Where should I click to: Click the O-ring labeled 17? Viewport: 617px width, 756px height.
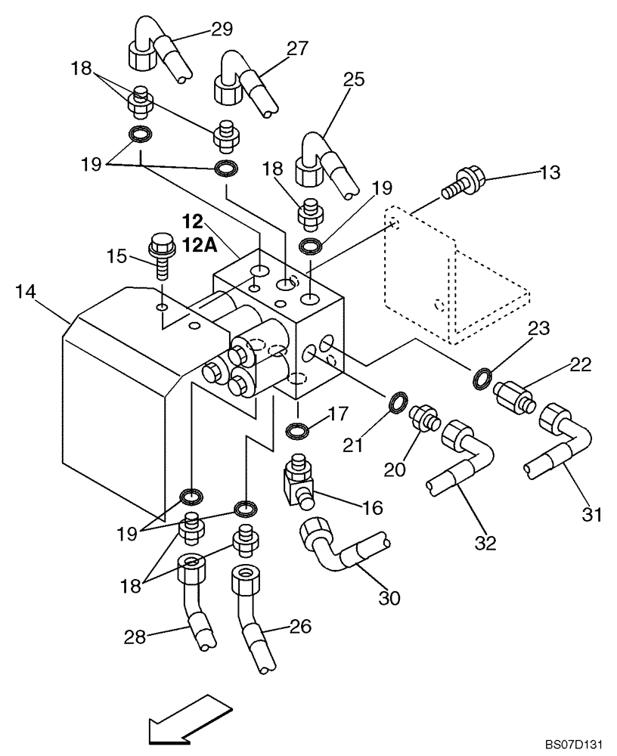click(298, 431)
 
